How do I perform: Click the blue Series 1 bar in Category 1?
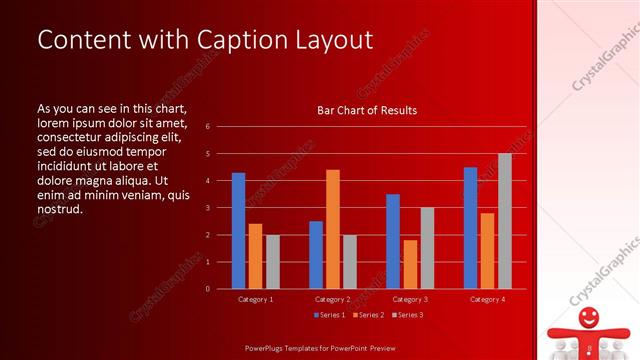point(238,231)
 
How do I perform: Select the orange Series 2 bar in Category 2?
point(332,229)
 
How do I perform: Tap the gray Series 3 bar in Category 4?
point(505,221)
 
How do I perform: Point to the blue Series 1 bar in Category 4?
point(470,228)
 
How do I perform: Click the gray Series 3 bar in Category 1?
point(272,262)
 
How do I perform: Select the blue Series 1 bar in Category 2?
point(315,255)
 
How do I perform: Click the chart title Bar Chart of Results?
point(367,110)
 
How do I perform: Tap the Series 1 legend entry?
point(329,316)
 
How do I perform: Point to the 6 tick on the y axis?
point(207,127)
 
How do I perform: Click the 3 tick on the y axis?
point(207,208)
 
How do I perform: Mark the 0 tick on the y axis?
point(207,289)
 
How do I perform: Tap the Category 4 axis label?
point(487,299)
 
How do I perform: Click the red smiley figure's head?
point(588,318)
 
